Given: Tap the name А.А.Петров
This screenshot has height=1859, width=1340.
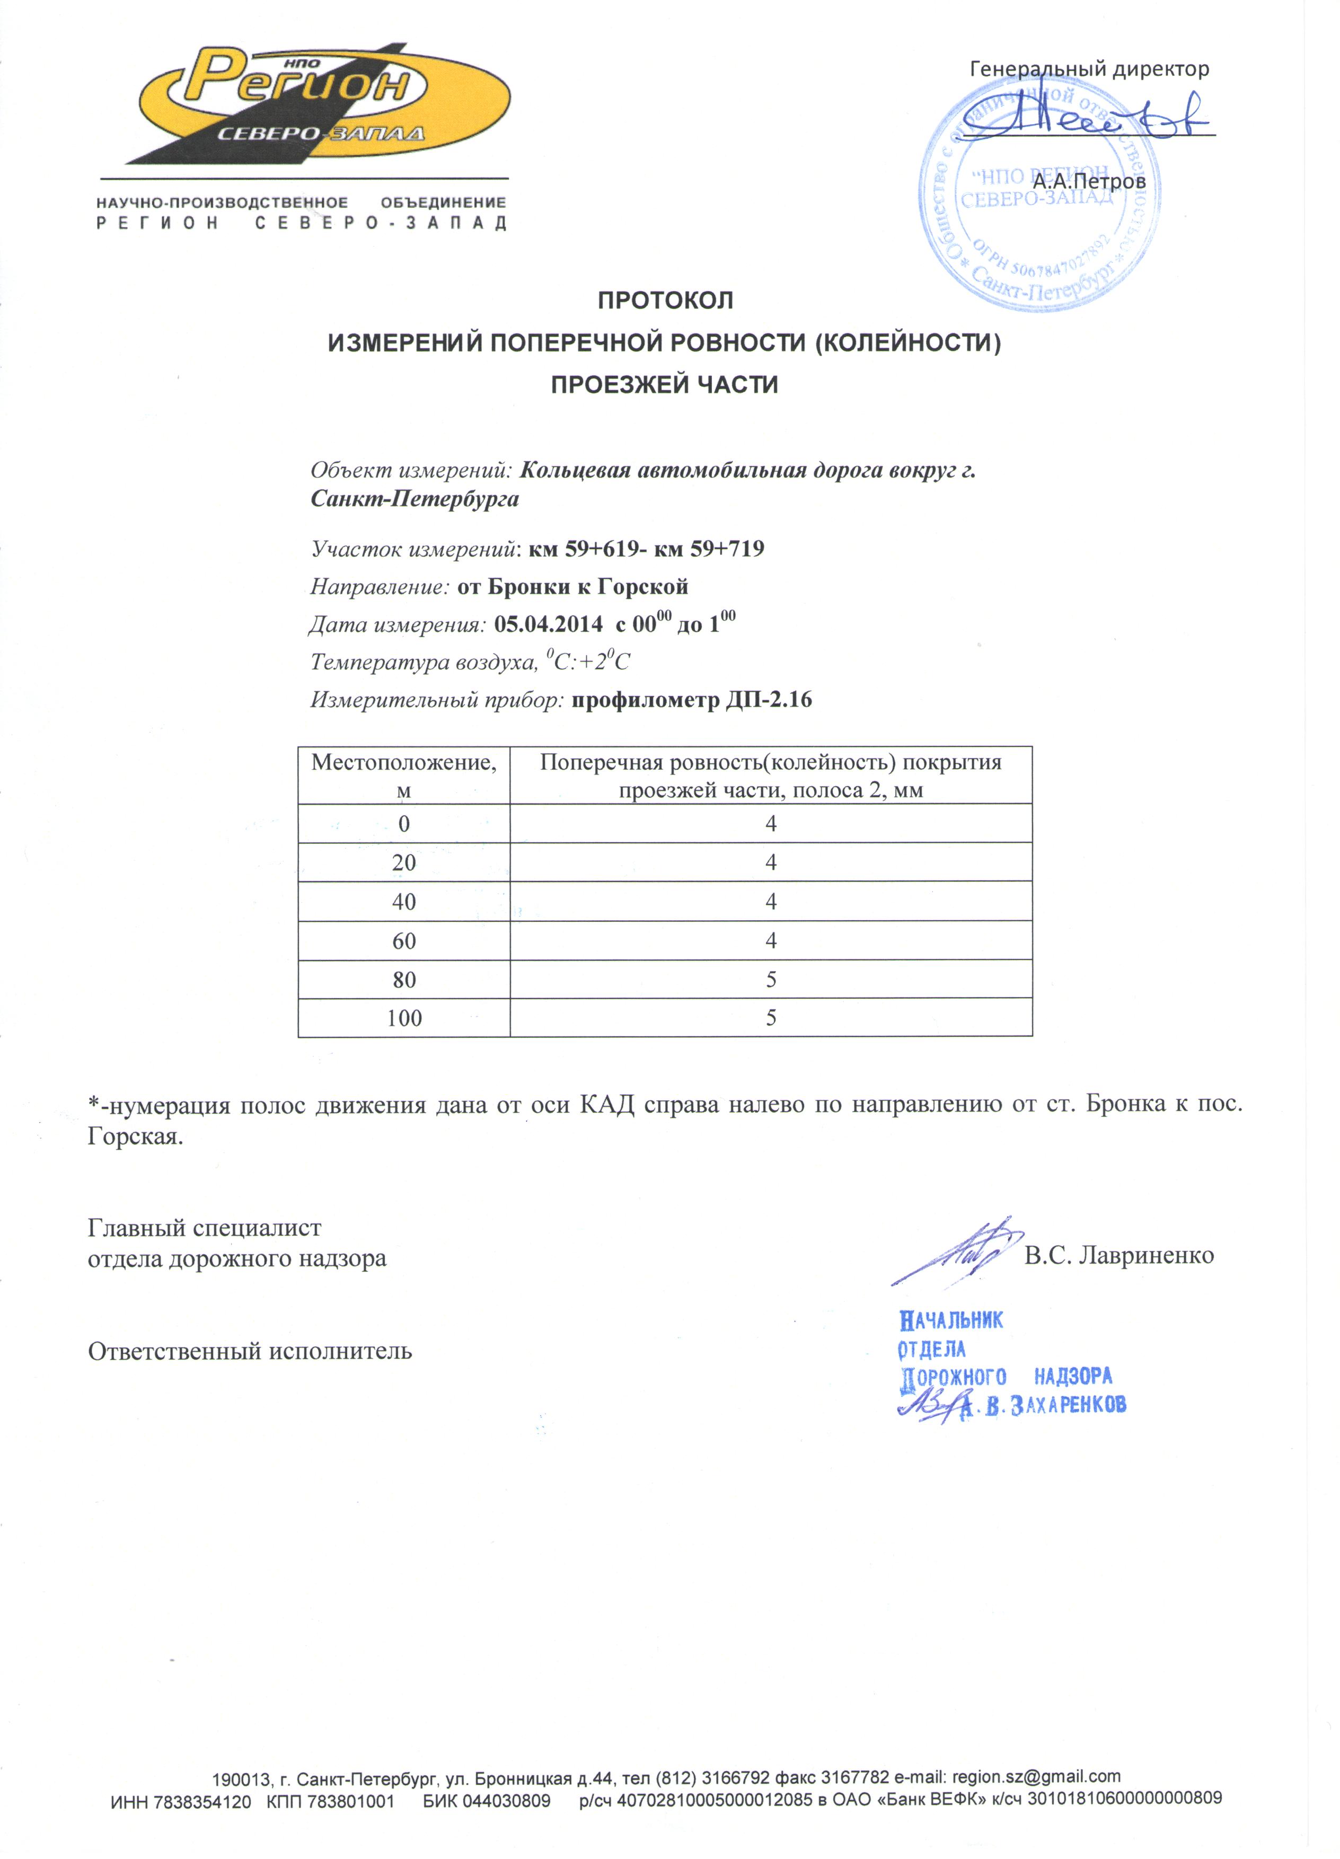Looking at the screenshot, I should [1088, 181].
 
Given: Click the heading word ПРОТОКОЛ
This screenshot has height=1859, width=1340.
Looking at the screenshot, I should [665, 301].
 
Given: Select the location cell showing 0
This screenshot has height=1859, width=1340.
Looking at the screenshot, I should [403, 824].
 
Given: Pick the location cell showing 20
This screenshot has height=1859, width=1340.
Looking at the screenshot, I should [403, 862].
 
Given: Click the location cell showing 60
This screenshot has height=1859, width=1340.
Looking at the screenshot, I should [403, 941].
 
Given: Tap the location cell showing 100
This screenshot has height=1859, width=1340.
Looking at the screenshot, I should [403, 1018].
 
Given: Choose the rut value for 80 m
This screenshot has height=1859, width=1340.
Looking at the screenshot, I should [770, 980].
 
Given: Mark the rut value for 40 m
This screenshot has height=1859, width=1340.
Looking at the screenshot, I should [770, 902].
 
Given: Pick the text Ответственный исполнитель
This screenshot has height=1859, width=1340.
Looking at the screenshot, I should [250, 1351].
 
